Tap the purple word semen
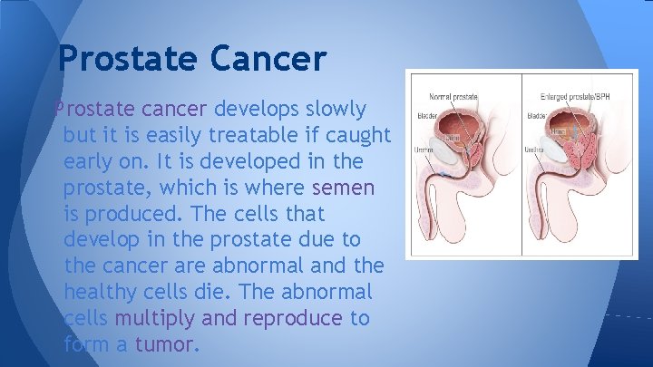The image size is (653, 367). point(343,188)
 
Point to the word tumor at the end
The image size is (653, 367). point(165,345)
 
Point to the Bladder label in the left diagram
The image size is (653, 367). point(427,116)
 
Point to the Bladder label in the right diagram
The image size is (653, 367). point(536,116)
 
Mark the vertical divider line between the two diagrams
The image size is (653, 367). point(521,163)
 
